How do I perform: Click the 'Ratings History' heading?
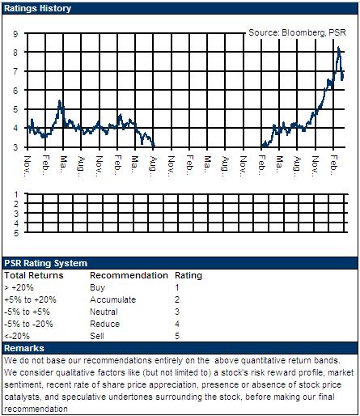pos(37,8)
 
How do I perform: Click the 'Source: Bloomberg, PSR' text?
pos(297,32)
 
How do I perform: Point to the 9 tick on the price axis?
pos(15,34)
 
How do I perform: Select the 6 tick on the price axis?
pos(15,91)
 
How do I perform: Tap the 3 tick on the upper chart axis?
pos(15,147)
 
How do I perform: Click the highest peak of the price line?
pos(339,48)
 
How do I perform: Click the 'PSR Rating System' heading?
pos(45,263)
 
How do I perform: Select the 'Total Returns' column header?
pos(34,275)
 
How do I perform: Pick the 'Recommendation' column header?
pos(129,275)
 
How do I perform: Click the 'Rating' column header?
pos(188,275)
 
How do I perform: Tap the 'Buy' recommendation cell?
pos(97,287)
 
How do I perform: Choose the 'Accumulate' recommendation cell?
pos(113,299)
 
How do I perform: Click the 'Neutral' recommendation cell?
pos(104,312)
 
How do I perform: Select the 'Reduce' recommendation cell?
pos(105,324)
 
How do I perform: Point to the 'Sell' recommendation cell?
pos(97,336)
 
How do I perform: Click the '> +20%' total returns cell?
pos(19,287)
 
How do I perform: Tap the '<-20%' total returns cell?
pos(17,336)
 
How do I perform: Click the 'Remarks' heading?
pos(24,348)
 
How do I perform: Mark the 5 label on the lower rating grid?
pos(16,233)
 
